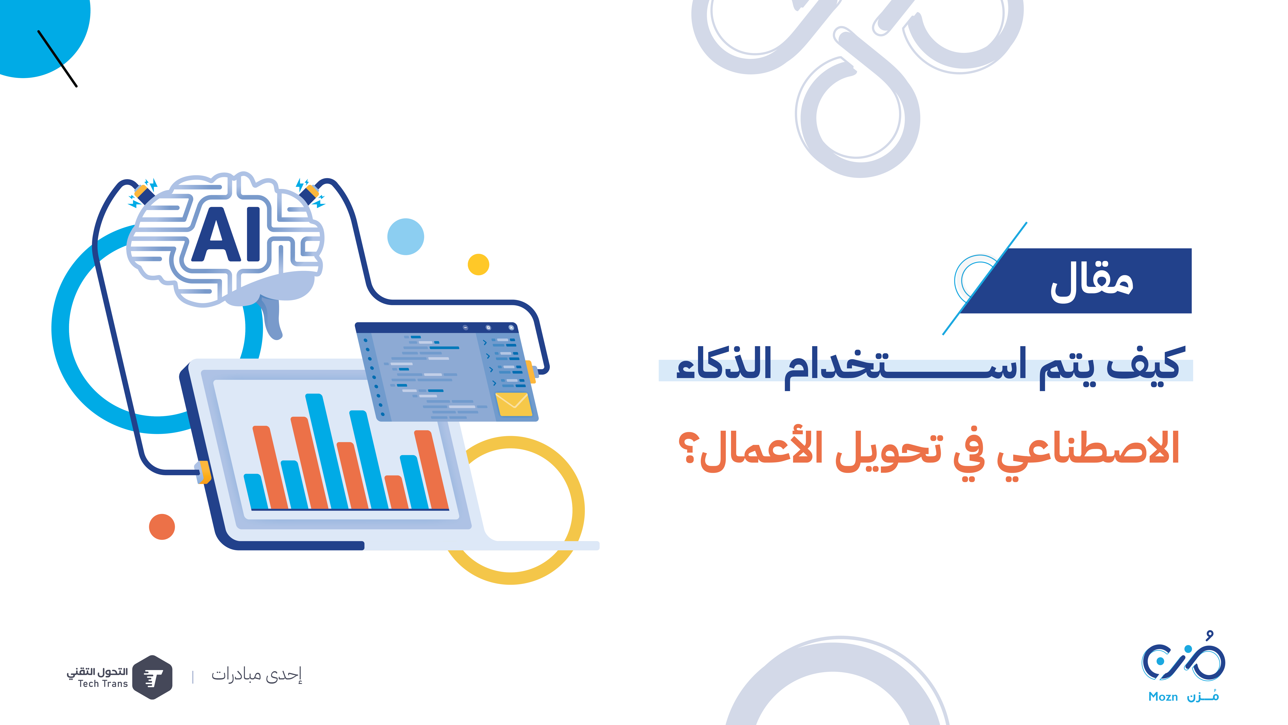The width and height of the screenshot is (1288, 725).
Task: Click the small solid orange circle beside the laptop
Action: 162,526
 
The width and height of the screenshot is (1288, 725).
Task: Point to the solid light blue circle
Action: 406,237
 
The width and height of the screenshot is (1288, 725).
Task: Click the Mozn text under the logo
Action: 1163,696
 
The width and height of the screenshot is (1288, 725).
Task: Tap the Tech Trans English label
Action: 103,683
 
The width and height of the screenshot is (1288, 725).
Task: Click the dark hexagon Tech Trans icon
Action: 152,677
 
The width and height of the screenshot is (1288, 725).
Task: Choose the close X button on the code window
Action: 511,327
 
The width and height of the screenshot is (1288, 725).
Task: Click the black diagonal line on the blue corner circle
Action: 57,58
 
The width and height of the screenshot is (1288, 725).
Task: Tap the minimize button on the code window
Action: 466,327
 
